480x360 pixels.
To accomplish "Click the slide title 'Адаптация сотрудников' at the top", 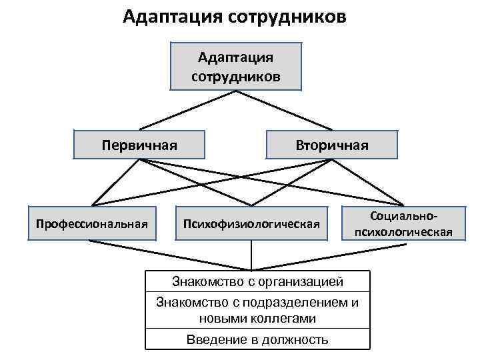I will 235,16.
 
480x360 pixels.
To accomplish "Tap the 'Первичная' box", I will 139,145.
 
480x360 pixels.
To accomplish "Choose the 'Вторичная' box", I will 332,145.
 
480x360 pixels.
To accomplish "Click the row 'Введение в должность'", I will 257,339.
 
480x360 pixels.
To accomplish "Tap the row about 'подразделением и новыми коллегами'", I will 257,310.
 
